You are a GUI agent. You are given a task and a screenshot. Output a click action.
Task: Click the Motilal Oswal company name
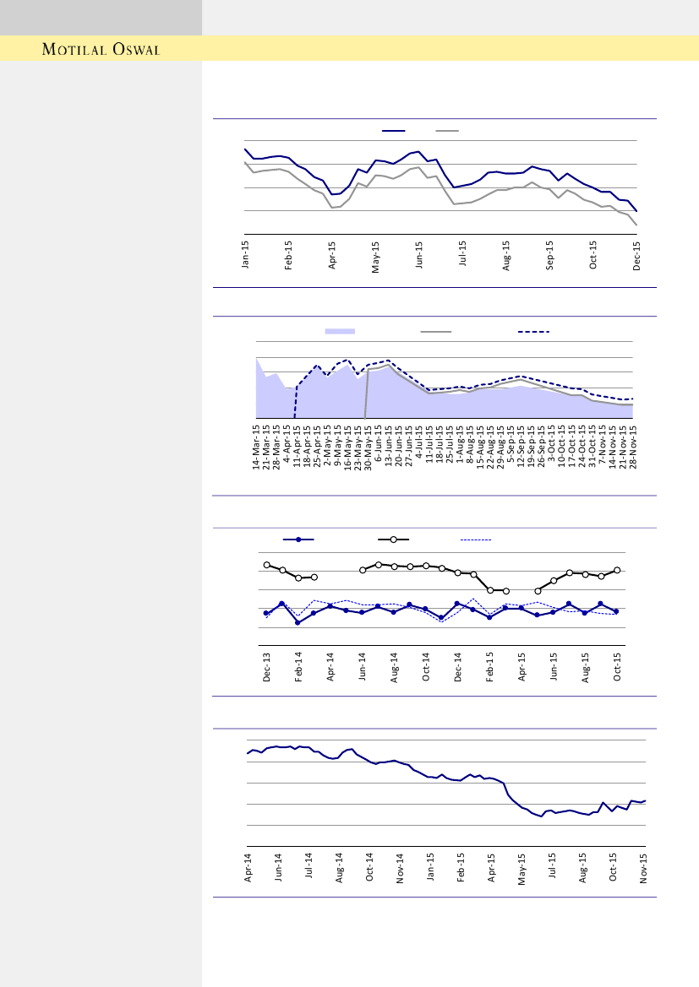click(x=101, y=49)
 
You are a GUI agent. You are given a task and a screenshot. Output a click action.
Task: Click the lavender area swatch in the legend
click(x=340, y=332)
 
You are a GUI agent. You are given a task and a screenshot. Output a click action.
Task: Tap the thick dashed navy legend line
click(x=533, y=332)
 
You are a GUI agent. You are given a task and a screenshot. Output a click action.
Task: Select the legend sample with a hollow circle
click(x=393, y=539)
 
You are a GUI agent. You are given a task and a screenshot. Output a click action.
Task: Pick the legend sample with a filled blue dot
click(x=298, y=539)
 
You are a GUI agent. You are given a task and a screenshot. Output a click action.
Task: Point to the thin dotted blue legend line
click(x=475, y=539)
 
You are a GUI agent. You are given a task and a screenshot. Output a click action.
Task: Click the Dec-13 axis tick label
click(x=266, y=667)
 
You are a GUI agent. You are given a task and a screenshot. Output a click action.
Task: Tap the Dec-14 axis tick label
click(x=458, y=667)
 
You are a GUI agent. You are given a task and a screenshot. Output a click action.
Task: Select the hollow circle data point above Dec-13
click(x=266, y=565)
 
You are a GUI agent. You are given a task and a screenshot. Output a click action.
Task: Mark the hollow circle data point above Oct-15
click(x=618, y=570)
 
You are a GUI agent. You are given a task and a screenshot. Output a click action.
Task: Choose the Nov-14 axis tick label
click(x=401, y=867)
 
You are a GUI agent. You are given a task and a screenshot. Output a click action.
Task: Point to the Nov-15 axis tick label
click(x=645, y=867)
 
